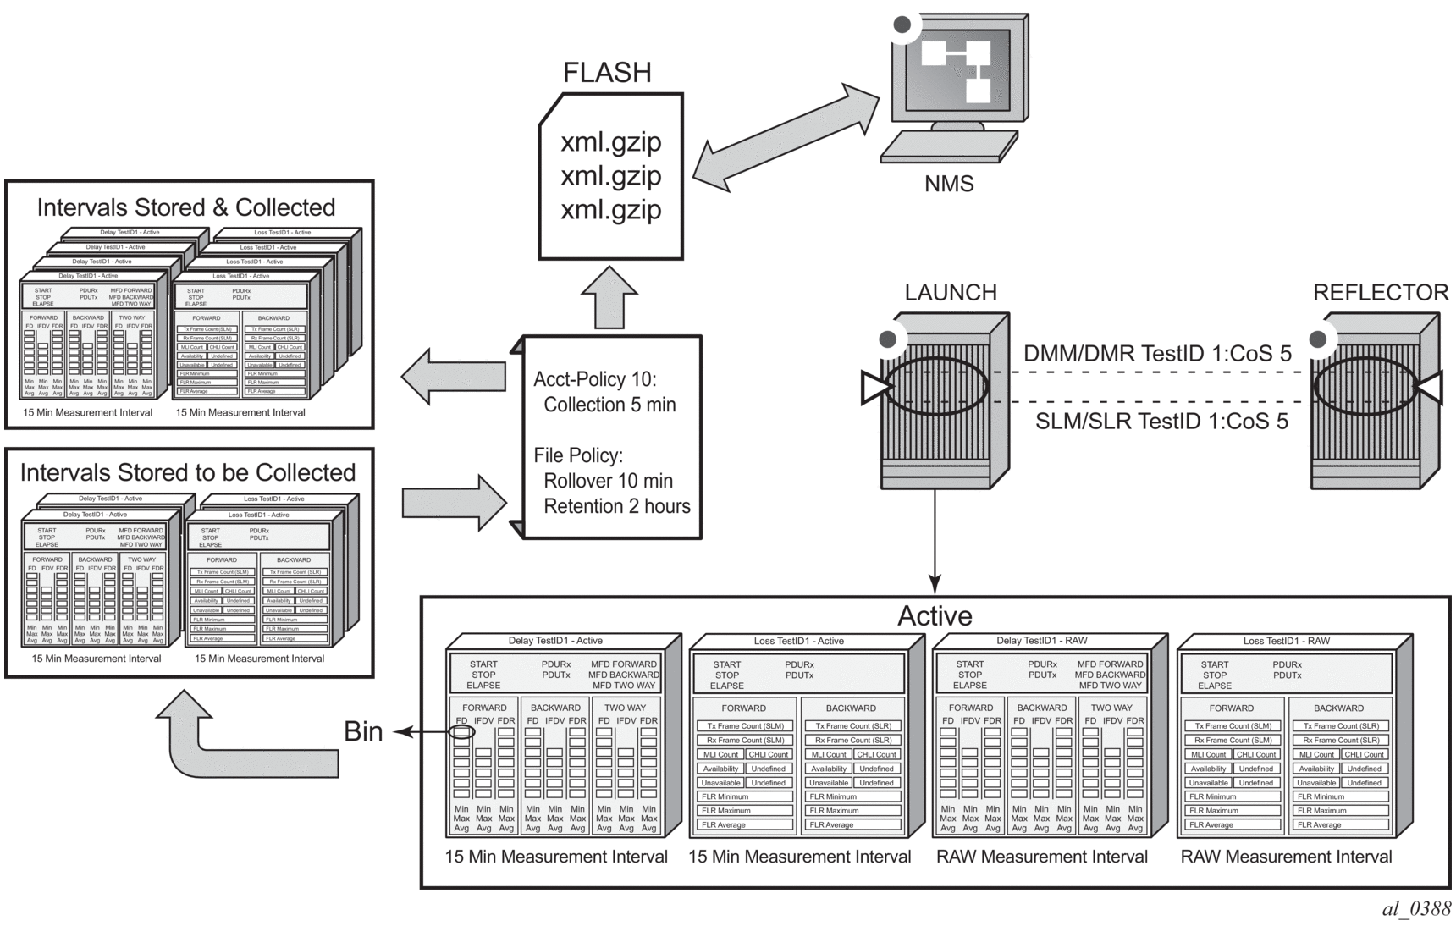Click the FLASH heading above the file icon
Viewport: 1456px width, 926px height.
(x=607, y=73)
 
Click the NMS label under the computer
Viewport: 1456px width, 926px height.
(x=949, y=184)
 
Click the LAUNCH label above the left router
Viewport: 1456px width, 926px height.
(x=951, y=293)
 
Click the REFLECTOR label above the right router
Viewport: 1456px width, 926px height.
(x=1380, y=293)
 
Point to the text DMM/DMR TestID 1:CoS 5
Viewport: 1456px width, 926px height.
(x=1157, y=354)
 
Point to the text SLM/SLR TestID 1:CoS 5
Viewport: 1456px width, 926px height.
(x=1161, y=421)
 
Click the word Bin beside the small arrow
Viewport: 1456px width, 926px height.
(x=363, y=731)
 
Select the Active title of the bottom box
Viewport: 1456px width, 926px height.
(x=935, y=615)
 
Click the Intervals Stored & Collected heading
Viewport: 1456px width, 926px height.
(x=186, y=207)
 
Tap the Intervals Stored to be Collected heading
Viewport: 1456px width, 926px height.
(x=188, y=472)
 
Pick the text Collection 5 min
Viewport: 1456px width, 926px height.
(x=609, y=405)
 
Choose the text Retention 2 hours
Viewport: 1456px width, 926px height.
(x=617, y=506)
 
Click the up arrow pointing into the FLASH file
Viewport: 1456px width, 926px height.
(x=609, y=298)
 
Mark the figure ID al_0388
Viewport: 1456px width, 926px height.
(x=1416, y=909)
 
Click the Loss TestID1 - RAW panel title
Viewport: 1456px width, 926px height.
(x=1286, y=641)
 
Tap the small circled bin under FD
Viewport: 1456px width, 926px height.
(x=461, y=731)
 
